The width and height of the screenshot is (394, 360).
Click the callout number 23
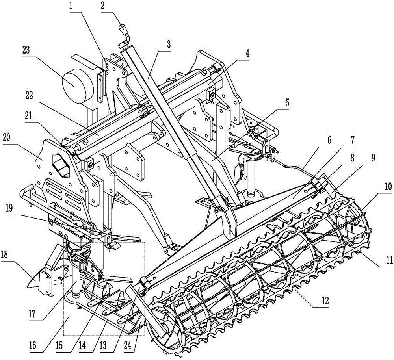(26, 50)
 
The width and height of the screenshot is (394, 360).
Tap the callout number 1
(71, 5)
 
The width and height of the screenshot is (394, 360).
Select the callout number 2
(102, 5)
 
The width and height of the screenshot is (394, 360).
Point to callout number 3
(168, 45)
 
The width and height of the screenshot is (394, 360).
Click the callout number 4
(247, 54)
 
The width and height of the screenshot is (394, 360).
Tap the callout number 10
(388, 187)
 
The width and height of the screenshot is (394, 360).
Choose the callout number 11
(390, 260)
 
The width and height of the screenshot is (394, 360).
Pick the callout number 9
(373, 158)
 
